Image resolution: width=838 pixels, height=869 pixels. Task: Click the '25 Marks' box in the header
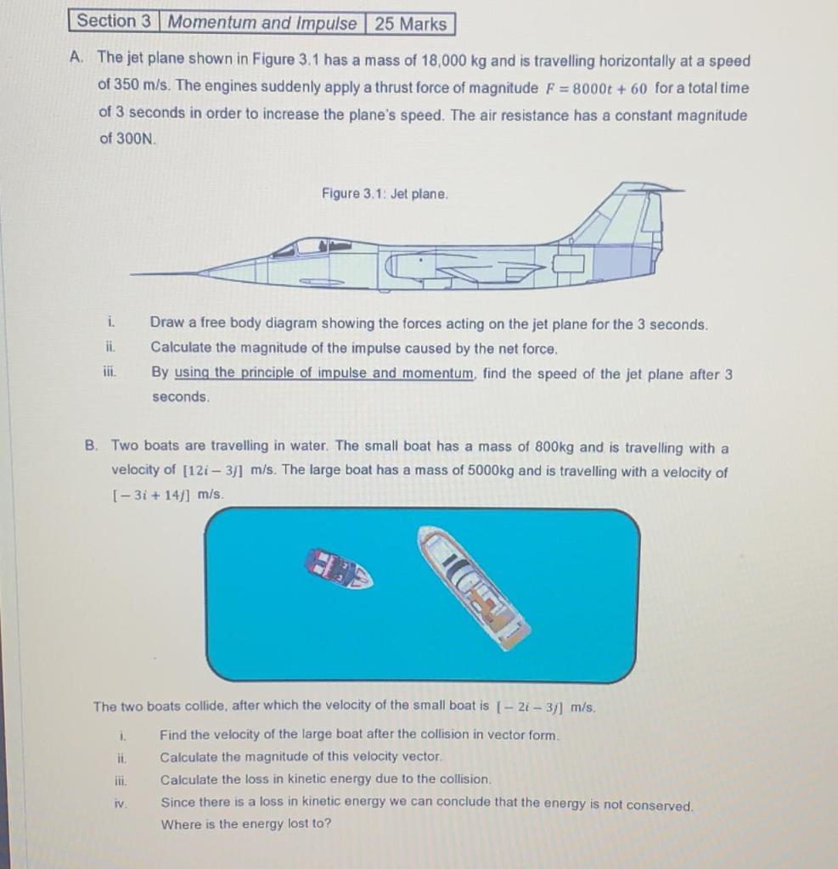click(x=411, y=24)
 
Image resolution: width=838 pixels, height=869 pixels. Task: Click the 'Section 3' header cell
click(x=113, y=22)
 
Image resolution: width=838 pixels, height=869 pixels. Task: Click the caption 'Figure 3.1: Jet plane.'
click(x=385, y=194)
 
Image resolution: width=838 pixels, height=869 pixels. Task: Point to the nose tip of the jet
click(x=136, y=274)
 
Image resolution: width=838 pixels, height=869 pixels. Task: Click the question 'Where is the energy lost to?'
click(x=246, y=824)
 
